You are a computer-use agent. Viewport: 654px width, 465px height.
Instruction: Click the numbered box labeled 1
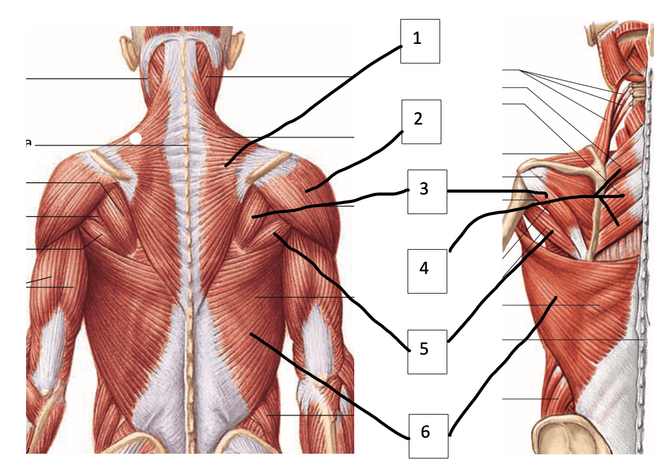coord(420,41)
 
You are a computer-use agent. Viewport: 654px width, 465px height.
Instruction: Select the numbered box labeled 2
coord(421,122)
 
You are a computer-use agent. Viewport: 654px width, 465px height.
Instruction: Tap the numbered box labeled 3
coord(427,192)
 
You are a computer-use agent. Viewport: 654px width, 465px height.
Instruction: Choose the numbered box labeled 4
coord(427,271)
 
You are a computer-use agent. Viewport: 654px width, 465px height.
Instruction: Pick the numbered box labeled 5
coord(427,352)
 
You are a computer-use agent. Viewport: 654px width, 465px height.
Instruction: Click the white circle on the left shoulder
coord(136,139)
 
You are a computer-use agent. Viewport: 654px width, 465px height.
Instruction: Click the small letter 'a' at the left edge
coord(28,143)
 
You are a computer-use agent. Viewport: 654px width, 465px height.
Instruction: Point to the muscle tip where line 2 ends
coord(307,191)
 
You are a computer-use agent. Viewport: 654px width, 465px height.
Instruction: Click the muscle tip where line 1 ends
coord(226,165)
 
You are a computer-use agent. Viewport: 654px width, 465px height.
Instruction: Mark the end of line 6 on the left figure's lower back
coord(251,333)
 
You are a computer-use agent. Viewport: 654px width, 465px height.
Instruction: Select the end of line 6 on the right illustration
coord(556,297)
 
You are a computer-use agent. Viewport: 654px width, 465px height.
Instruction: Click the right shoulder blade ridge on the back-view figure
coord(267,168)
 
